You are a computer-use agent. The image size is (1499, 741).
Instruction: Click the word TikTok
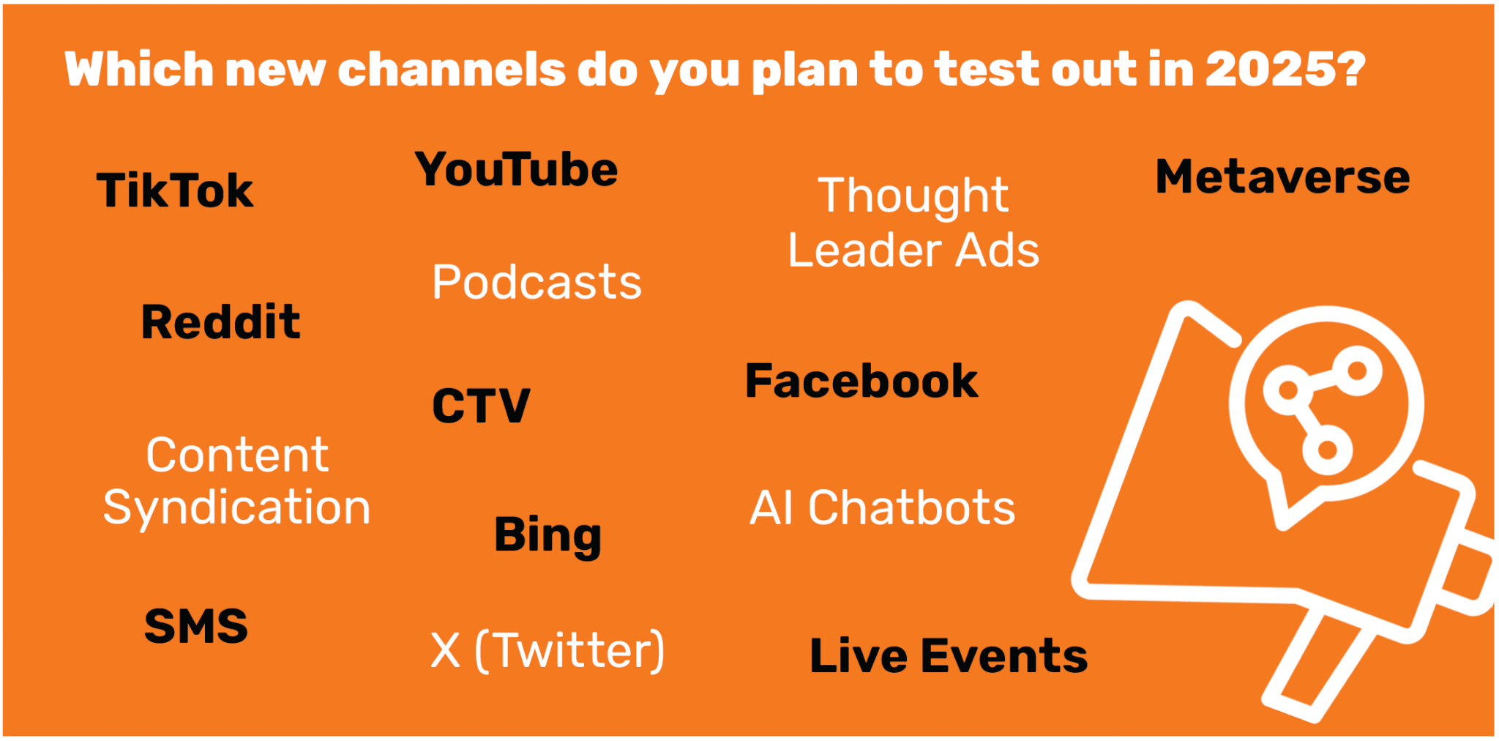[175, 191]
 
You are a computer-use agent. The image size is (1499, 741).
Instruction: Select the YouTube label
[516, 169]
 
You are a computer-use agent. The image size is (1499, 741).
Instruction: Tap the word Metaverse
[1282, 176]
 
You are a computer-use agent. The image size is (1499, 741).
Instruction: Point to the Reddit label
[220, 322]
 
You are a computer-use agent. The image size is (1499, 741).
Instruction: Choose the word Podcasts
[537, 282]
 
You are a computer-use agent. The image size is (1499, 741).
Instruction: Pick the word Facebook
[861, 381]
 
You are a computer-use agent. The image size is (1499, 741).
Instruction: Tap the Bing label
[547, 536]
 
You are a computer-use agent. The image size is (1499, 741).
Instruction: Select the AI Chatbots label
[883, 507]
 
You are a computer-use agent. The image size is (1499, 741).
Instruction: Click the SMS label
[196, 626]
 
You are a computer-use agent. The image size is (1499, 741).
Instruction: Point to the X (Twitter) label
[547, 650]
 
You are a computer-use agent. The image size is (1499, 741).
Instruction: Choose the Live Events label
[949, 655]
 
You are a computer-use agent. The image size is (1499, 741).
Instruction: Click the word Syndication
[236, 508]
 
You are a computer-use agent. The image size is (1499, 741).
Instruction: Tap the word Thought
[913, 196]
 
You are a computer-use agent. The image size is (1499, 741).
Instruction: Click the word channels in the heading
[452, 70]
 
